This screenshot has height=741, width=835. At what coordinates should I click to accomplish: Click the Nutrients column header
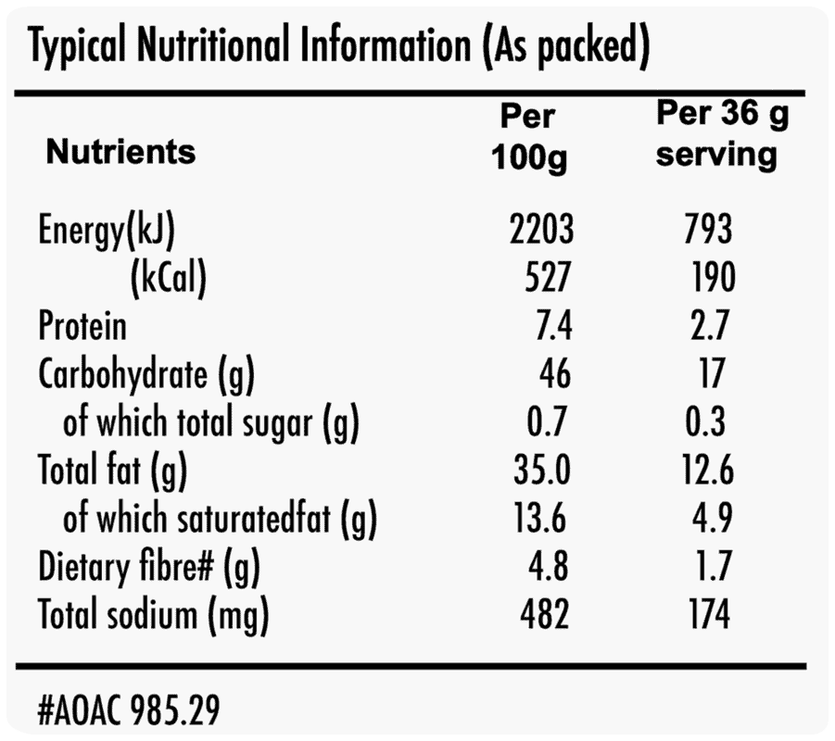click(120, 152)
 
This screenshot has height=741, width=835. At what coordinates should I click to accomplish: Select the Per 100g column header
click(529, 138)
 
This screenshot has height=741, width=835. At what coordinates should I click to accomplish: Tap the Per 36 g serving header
click(722, 134)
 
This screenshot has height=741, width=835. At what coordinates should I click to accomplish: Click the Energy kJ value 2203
click(541, 229)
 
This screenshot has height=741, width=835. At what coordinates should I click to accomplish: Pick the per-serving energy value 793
click(708, 229)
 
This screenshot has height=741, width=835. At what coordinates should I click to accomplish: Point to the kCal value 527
click(548, 277)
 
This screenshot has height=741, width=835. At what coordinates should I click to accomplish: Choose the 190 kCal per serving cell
click(714, 277)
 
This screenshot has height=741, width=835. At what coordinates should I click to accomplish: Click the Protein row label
click(82, 325)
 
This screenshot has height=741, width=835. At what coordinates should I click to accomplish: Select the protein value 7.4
click(554, 325)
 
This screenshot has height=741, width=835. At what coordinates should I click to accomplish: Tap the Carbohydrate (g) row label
click(146, 375)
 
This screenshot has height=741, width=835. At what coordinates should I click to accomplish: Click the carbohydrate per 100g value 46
click(555, 373)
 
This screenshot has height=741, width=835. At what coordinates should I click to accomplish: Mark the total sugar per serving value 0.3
click(705, 421)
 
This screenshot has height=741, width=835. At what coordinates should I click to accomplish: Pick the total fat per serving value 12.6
click(708, 470)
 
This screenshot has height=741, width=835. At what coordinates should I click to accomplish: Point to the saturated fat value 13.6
click(540, 518)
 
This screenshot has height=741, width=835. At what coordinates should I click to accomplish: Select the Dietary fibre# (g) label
click(149, 568)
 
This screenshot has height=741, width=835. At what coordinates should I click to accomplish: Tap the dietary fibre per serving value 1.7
click(714, 565)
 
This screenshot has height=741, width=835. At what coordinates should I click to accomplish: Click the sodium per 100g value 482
click(545, 614)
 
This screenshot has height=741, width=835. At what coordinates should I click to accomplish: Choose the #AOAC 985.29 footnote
click(128, 710)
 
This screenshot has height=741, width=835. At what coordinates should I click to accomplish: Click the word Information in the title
click(386, 44)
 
